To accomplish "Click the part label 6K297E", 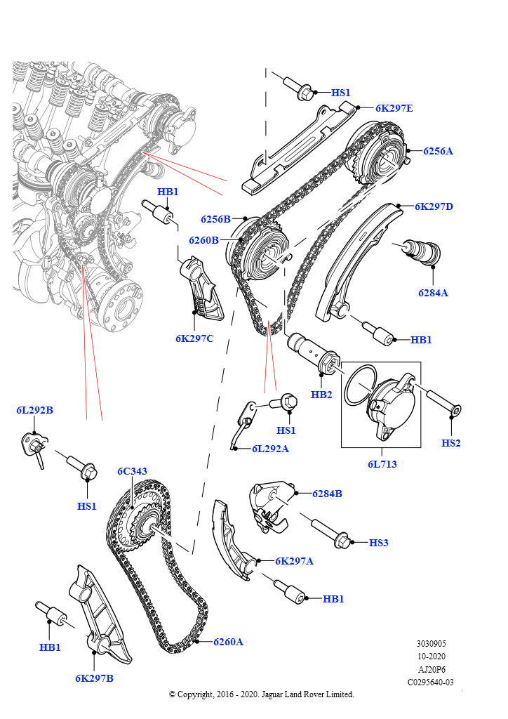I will (394, 108).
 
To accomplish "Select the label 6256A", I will (438, 151).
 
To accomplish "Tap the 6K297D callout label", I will (434, 206).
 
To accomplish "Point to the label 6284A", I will (433, 293).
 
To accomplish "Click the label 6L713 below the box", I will (382, 464).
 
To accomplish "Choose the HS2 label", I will (451, 443).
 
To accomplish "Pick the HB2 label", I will (321, 395).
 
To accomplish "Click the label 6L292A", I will (270, 449).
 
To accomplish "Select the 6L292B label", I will (35, 410).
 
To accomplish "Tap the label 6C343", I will (132, 471).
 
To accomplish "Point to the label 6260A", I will (228, 642).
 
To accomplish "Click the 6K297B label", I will (94, 678).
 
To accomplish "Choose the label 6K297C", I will (194, 338).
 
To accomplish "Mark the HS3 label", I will (378, 543).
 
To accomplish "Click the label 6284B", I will (327, 494).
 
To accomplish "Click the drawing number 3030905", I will (431, 643).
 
